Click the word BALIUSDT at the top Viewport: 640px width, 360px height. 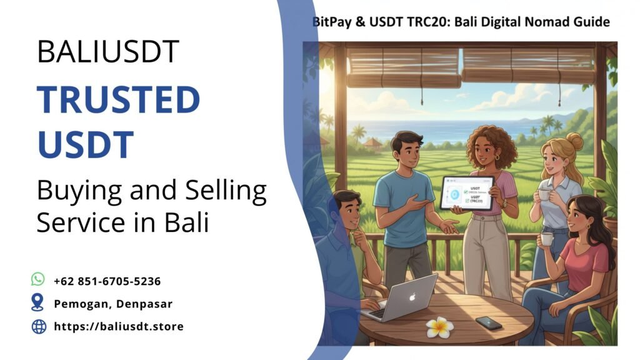pos(108,51)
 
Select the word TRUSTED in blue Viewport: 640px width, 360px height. pos(118,100)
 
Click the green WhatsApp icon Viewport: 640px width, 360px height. pos(38,279)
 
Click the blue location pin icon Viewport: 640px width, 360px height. pos(38,303)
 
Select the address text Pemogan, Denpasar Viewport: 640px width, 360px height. pos(113,304)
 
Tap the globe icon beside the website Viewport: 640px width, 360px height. pos(39,326)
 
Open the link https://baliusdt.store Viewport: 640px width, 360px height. pos(119,326)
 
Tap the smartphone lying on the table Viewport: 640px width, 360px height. pos(488,323)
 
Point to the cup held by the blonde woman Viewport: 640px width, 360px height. pos(544,194)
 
